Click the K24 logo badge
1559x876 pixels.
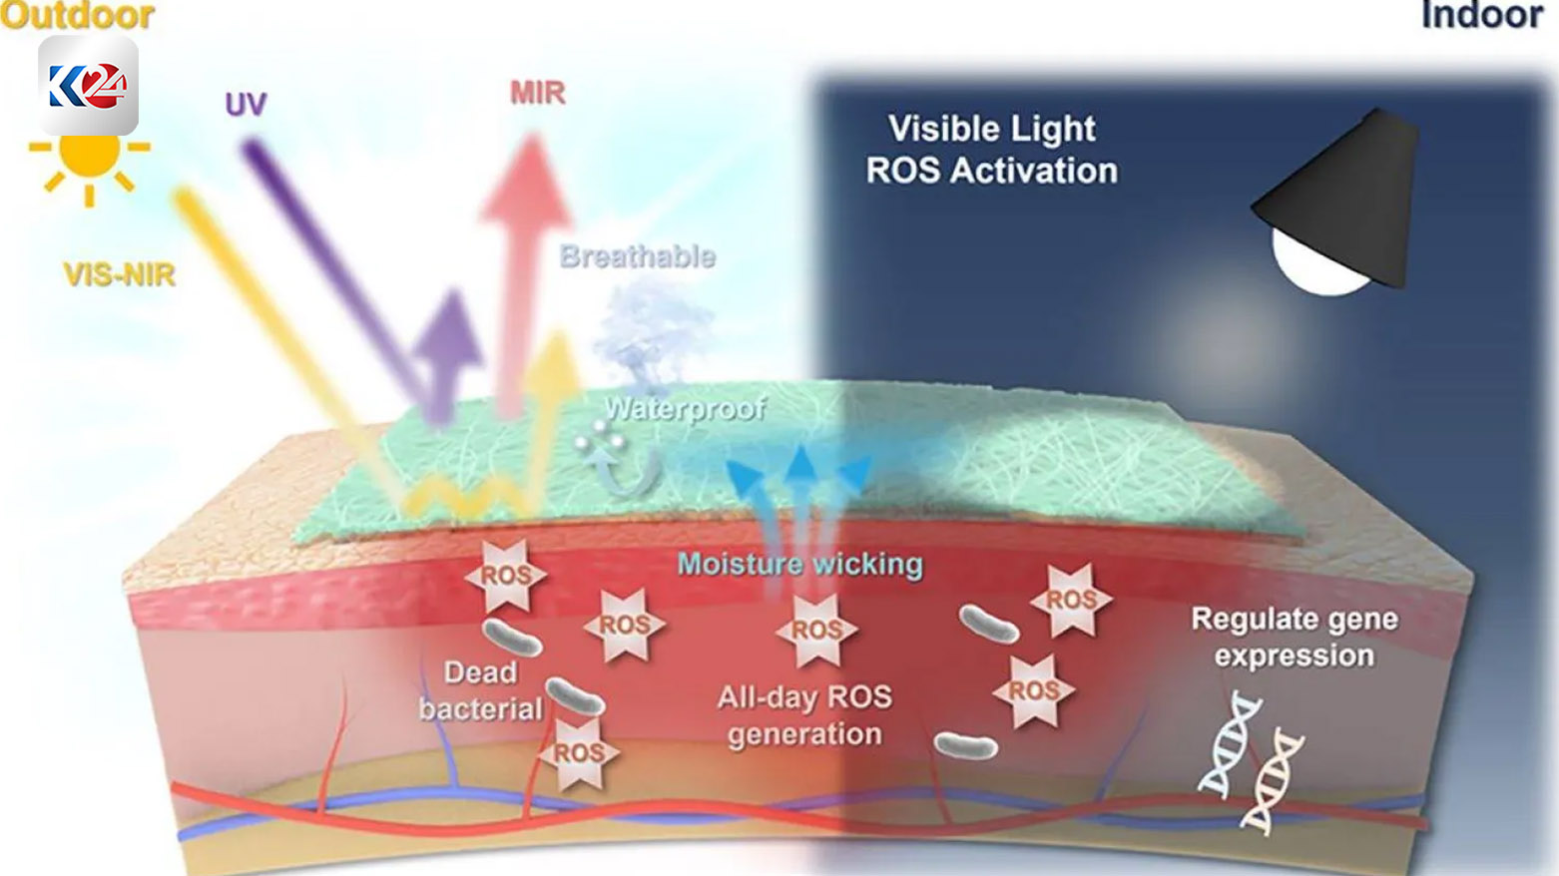click(x=89, y=86)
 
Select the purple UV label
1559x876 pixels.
click(x=246, y=105)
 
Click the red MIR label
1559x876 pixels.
click(x=537, y=93)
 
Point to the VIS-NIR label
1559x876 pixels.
click(x=119, y=274)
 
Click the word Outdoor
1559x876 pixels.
click(x=77, y=15)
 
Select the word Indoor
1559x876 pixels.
click(x=1482, y=15)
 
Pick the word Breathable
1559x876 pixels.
click(x=638, y=256)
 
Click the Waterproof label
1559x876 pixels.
click(x=686, y=408)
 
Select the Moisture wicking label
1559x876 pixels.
click(x=800, y=565)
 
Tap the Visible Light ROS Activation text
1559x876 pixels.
click(x=992, y=150)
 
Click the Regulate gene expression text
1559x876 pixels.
click(x=1295, y=638)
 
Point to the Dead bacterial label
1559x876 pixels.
click(x=480, y=690)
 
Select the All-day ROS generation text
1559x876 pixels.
click(x=804, y=716)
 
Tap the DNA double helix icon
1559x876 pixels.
click(x=1251, y=763)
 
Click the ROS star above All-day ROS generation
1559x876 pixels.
click(x=816, y=630)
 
